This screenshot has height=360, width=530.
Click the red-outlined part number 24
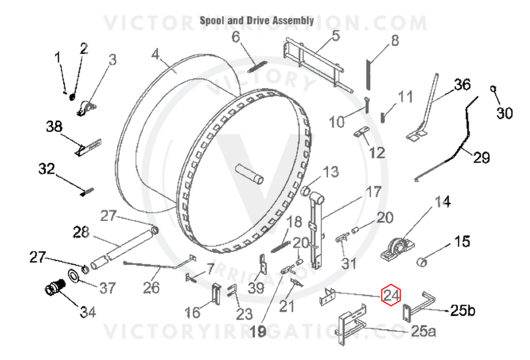click(391, 295)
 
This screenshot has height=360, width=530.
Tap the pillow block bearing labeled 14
click(394, 248)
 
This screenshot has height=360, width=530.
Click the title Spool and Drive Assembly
click(257, 21)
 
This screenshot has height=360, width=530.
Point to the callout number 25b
click(462, 310)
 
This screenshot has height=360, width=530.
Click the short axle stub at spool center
click(250, 174)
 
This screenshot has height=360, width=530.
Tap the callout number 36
click(462, 85)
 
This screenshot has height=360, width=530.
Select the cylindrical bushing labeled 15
click(422, 262)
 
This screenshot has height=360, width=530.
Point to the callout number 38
click(55, 126)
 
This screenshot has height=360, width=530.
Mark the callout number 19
click(259, 332)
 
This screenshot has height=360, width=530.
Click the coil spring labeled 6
click(257, 66)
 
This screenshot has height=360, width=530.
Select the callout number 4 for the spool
click(155, 53)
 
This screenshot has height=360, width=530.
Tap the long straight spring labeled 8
click(368, 75)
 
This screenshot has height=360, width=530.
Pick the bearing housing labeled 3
click(87, 109)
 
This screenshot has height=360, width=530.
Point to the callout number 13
click(331, 171)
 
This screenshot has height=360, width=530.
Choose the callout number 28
click(81, 232)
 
